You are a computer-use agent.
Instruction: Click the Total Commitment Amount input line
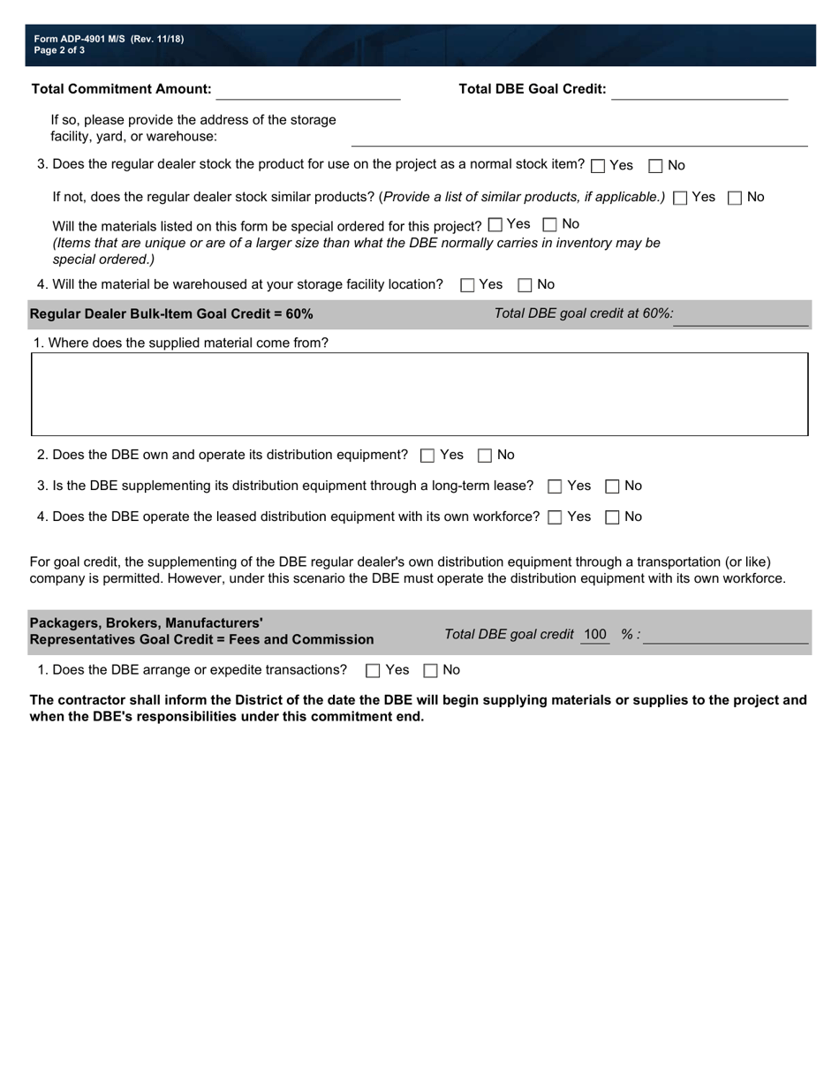click(307, 90)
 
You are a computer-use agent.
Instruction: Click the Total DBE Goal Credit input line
click(699, 90)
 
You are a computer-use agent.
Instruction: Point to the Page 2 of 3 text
click(60, 50)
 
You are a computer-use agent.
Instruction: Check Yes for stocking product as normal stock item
click(598, 166)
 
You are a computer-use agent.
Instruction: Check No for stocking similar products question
click(735, 198)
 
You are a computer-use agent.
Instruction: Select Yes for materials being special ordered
click(495, 224)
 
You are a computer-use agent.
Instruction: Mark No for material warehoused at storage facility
click(525, 285)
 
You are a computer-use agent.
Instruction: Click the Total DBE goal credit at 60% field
click(740, 315)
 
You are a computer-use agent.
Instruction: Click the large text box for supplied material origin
click(419, 394)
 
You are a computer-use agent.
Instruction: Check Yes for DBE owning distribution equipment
click(427, 456)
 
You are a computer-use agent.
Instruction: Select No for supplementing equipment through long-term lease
click(612, 486)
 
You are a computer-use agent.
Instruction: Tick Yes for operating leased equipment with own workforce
click(555, 517)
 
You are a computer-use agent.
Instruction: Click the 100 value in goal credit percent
click(595, 634)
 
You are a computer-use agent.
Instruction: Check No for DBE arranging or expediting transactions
click(431, 670)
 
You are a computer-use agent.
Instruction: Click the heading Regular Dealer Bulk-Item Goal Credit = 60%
click(171, 314)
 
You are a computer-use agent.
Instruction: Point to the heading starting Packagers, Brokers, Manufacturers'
click(147, 622)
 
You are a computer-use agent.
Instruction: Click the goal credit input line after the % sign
click(725, 636)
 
